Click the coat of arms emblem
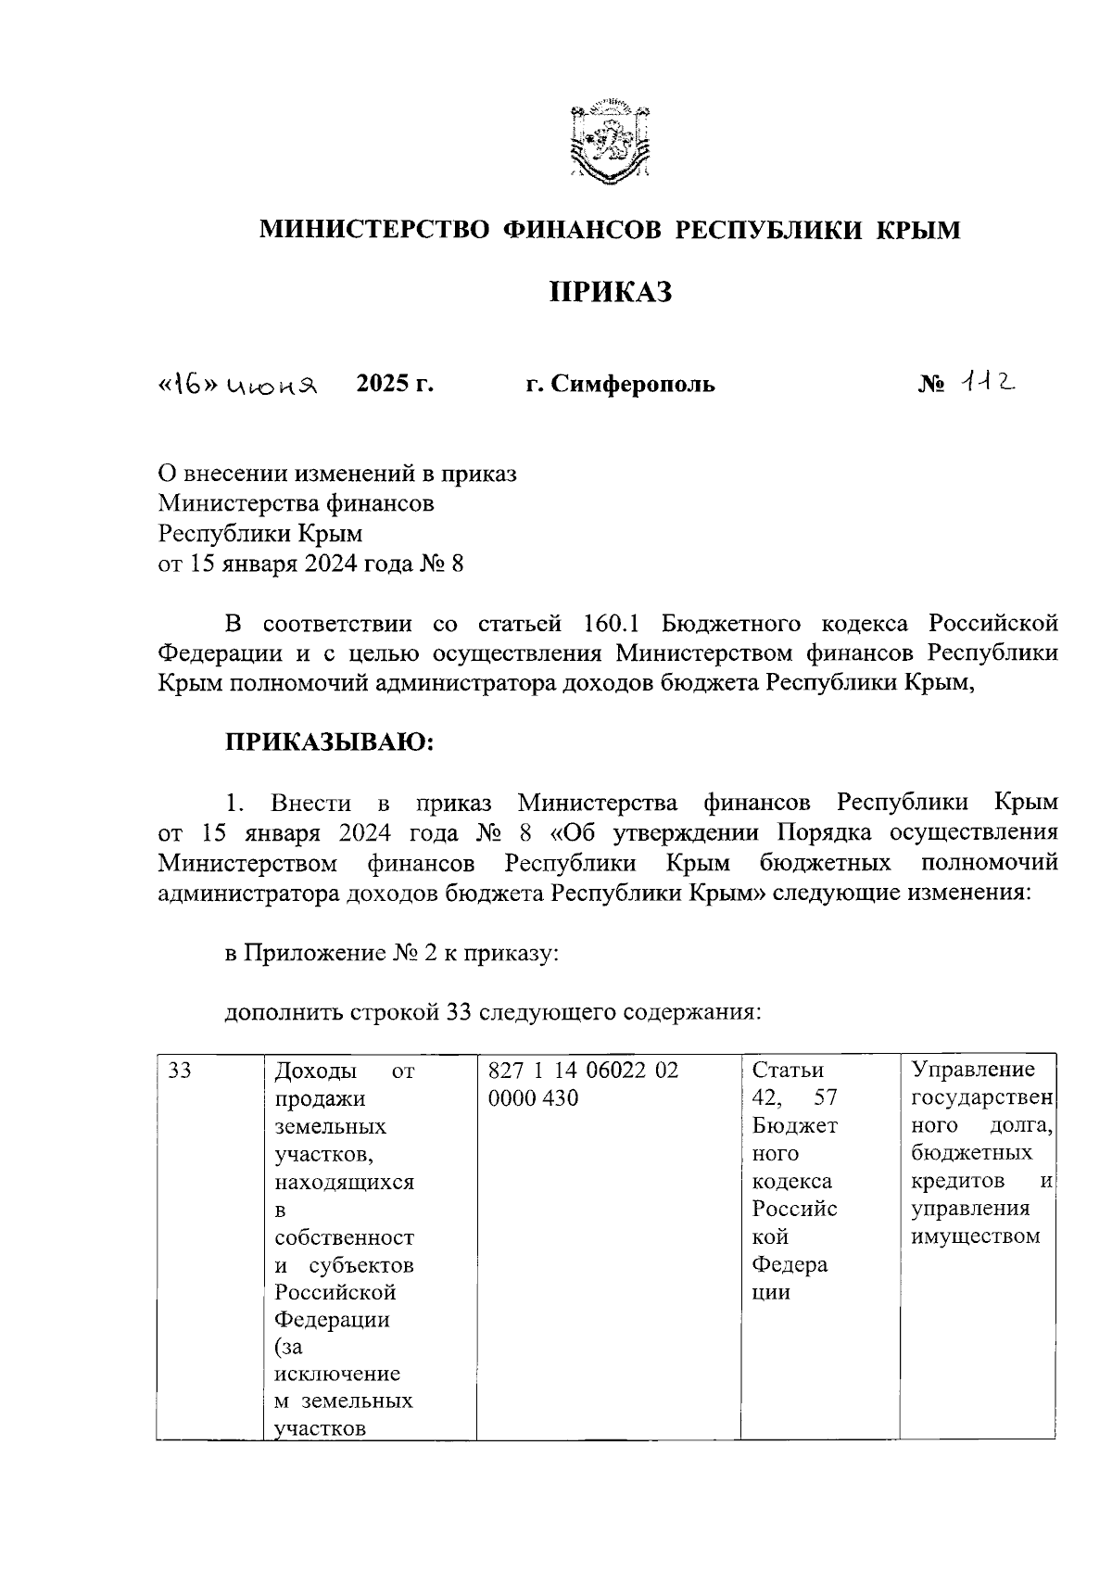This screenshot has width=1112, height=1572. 610,140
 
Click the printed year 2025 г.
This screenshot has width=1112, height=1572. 396,383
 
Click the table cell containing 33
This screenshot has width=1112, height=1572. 181,1071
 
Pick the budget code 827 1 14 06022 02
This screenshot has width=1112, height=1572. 583,1071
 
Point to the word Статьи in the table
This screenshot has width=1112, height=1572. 788,1071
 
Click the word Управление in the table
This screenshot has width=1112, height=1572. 973,1071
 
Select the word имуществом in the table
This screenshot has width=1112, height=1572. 976,1236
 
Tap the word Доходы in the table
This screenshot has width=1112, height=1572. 316,1071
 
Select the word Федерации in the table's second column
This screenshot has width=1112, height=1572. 332,1319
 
